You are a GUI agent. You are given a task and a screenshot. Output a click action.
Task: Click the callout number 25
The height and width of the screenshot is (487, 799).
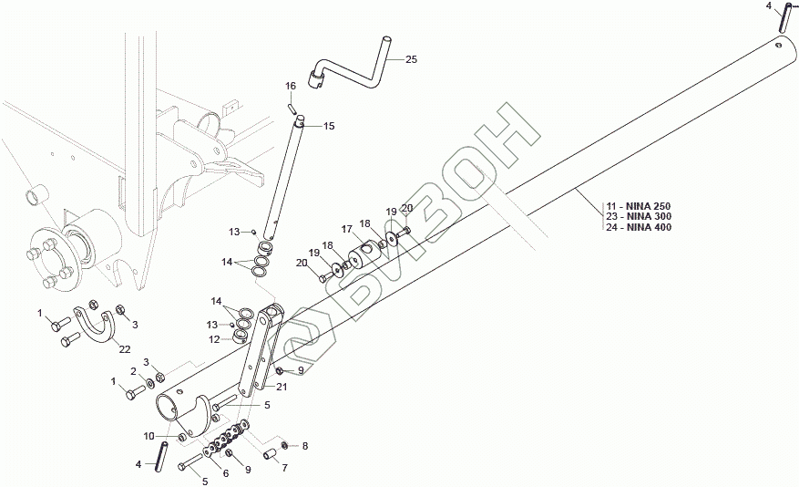[411, 59]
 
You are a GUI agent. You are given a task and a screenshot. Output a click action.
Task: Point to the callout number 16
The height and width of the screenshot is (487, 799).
[292, 86]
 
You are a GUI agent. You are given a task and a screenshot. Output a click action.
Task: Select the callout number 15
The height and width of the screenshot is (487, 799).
[329, 126]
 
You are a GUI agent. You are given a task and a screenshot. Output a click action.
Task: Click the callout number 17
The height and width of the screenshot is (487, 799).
[346, 228]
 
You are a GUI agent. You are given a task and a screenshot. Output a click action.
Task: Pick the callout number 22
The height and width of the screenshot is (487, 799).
[124, 348]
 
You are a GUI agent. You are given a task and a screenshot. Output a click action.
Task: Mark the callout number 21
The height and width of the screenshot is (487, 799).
[281, 387]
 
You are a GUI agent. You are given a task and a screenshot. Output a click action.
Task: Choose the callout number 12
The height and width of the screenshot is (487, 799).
[215, 339]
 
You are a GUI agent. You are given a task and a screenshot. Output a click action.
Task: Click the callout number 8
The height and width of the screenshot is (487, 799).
[305, 446]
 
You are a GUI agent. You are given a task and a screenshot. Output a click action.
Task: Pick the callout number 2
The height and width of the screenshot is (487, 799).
[133, 371]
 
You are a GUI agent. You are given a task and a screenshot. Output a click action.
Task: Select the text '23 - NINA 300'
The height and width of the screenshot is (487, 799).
[639, 216]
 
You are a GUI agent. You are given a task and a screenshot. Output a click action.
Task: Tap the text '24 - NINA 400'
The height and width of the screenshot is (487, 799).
[639, 227]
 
